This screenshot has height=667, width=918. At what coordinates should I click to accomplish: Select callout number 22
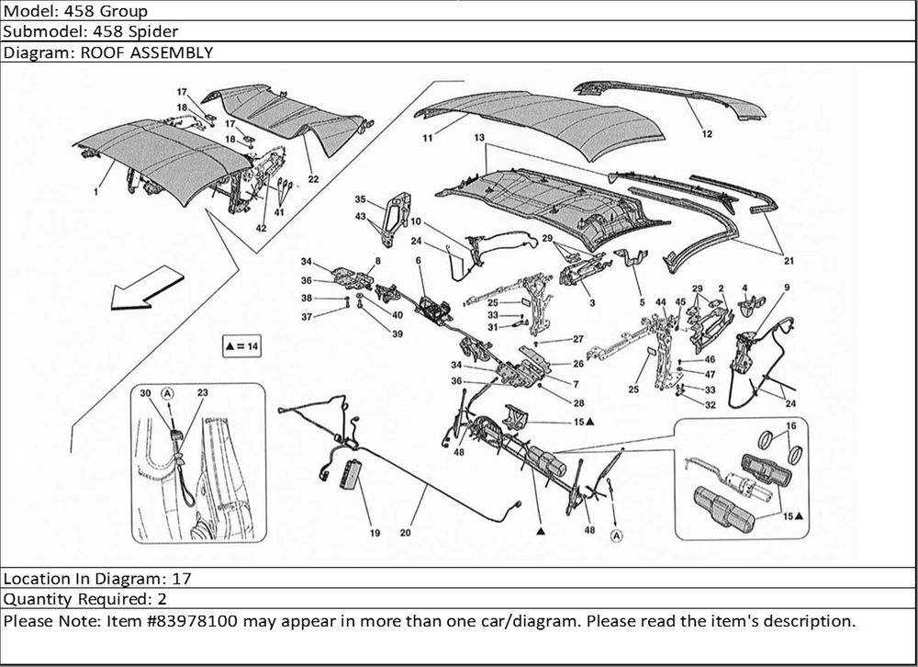314,178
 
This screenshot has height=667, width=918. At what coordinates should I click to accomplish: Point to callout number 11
428,139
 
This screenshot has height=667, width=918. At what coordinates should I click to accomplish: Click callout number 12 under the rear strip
707,133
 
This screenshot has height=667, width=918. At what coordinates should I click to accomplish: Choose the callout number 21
789,261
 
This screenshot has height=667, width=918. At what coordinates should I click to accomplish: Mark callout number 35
361,199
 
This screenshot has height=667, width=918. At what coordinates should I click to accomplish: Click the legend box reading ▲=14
241,346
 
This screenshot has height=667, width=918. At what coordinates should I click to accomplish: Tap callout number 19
375,532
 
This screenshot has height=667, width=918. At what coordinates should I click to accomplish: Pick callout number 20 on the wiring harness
405,531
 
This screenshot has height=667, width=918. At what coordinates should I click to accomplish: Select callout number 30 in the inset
145,393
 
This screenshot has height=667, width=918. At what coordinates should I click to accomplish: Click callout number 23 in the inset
202,393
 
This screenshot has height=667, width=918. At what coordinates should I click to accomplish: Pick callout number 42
262,228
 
